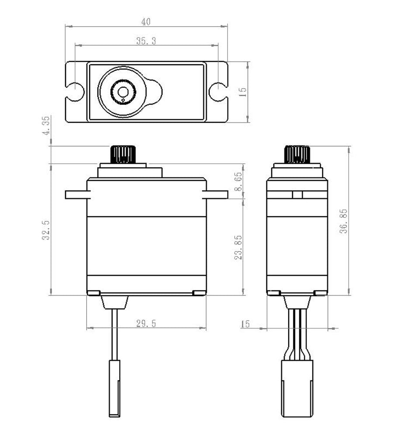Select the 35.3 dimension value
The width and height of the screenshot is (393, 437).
tap(146, 41)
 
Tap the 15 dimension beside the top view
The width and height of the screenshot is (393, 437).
tap(243, 91)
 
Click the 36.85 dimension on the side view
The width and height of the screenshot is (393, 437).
tap(344, 221)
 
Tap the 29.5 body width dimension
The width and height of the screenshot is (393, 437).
tap(146, 323)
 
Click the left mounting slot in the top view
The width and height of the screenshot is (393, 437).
tap(75, 91)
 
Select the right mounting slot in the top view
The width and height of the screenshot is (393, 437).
tap(217, 91)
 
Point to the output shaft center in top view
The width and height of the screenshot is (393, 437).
tap(123, 92)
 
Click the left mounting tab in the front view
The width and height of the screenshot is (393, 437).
tap(76, 194)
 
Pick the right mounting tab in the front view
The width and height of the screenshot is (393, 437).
tap(217, 194)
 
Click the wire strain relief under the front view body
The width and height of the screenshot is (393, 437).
tap(114, 302)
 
